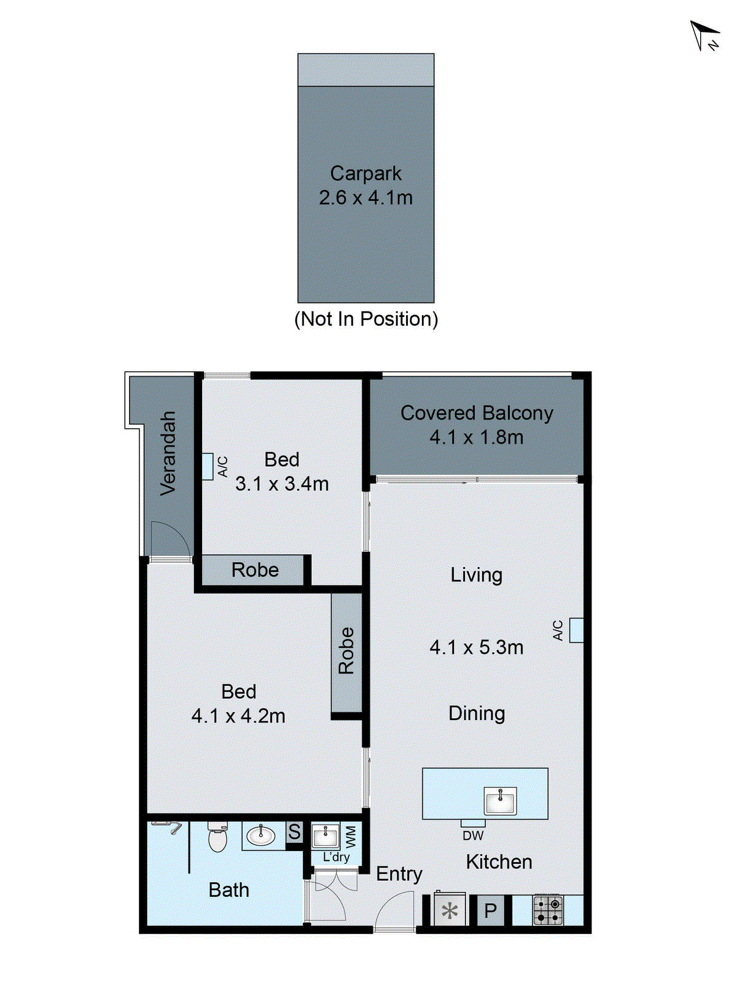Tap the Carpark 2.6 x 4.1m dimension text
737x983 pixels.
tap(365, 198)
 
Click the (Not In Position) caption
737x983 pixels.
tap(366, 319)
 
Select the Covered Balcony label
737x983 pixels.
tap(477, 413)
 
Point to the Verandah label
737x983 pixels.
tap(168, 453)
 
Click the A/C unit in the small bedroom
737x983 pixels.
tap(208, 466)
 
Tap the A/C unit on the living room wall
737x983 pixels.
tap(576, 630)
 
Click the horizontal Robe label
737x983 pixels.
tap(255, 570)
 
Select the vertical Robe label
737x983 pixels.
tap(346, 651)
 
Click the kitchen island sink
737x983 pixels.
tap(501, 801)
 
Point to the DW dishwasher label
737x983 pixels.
tap(473, 836)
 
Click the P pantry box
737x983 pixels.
tap(490, 911)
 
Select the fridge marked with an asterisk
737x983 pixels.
tap(450, 911)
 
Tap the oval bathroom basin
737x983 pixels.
tap(261, 835)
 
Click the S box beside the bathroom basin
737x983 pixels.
tap(295, 832)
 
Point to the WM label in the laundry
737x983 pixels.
tap(351, 836)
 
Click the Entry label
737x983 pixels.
tap(399, 874)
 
